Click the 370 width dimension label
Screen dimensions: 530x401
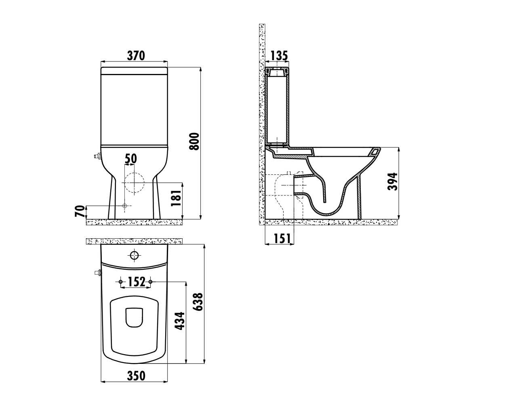[136, 56]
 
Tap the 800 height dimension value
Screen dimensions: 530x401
[195, 141]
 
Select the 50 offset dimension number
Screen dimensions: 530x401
[130, 159]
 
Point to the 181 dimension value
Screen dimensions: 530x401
[176, 198]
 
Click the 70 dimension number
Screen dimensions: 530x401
[80, 211]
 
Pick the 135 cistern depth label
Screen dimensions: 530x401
[279, 56]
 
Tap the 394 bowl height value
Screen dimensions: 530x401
[392, 182]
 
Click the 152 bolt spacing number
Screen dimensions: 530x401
[137, 282]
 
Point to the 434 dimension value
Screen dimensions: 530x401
[180, 321]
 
